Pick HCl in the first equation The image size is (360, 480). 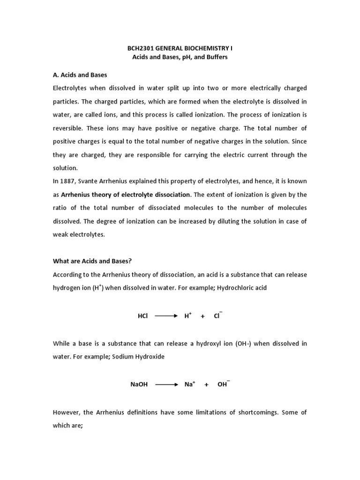[x=142, y=316]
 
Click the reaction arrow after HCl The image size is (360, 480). [x=166, y=316]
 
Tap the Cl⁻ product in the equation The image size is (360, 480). [x=217, y=316]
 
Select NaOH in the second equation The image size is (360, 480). [x=139, y=384]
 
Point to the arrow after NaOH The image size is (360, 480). [x=166, y=384]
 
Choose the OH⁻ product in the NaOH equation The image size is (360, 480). [x=223, y=384]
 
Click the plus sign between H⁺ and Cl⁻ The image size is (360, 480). [x=202, y=316]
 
